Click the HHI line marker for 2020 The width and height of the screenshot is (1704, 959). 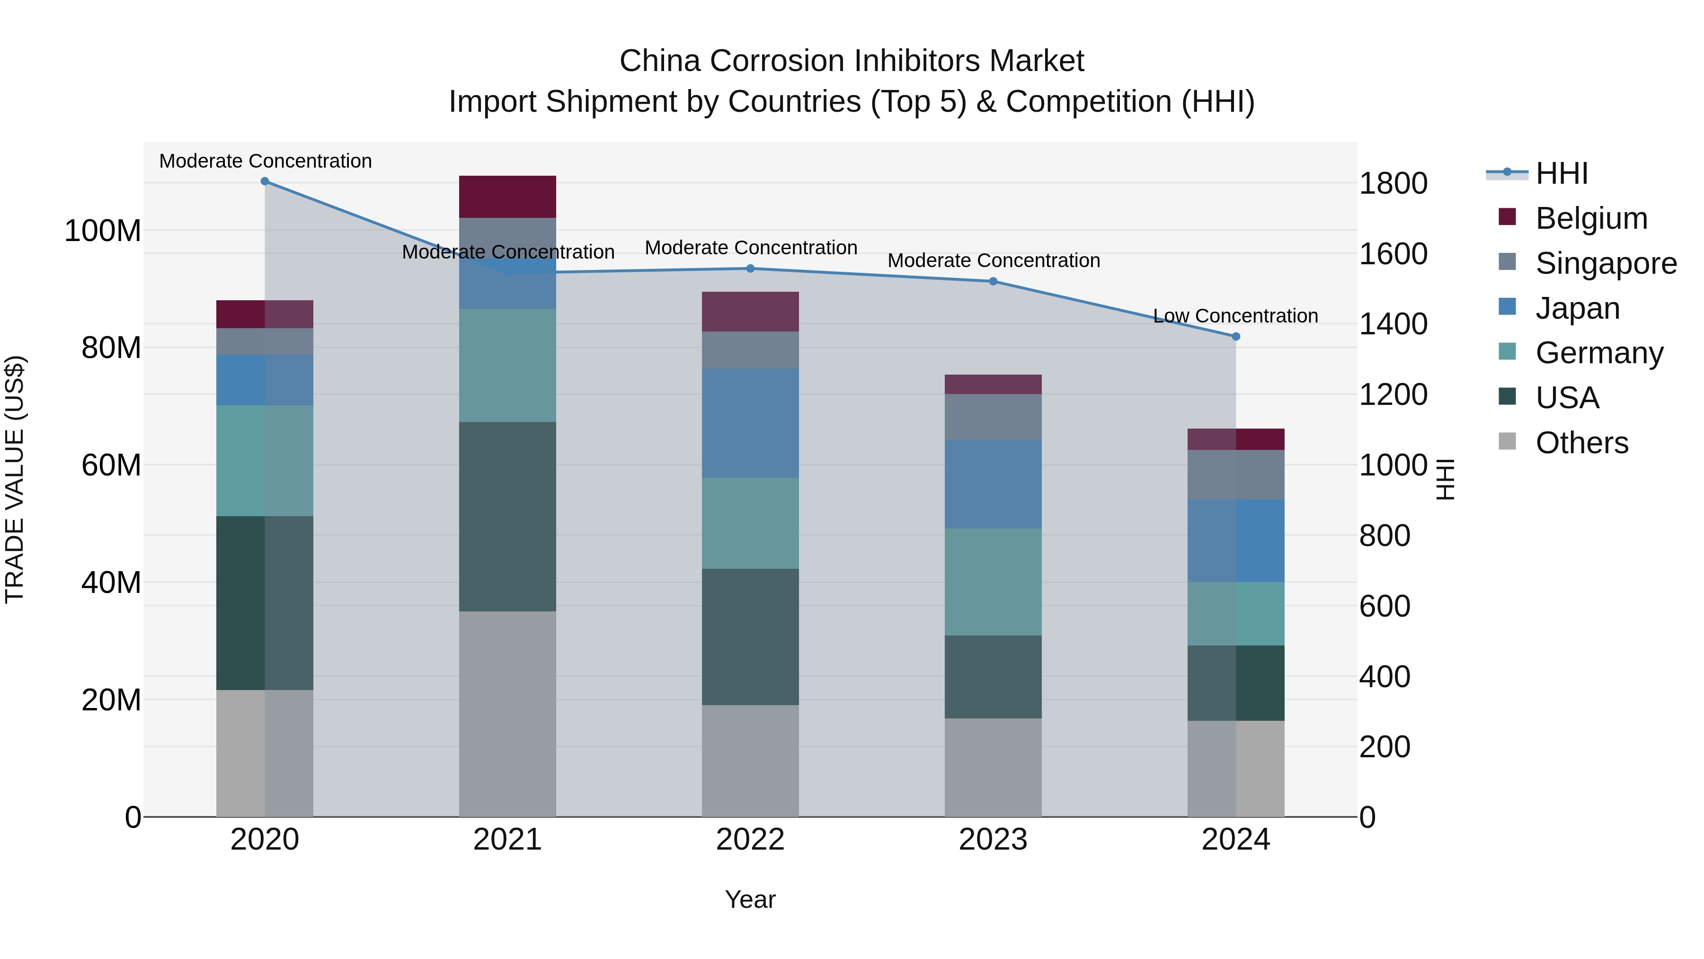265,181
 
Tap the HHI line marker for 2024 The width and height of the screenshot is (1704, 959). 1236,337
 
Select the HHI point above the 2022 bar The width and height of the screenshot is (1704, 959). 750,269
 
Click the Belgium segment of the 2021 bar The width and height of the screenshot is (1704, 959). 507,197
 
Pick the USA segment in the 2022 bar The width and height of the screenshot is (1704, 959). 750,636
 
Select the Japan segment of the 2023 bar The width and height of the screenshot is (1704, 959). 993,484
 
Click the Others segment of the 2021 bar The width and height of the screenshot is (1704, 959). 507,714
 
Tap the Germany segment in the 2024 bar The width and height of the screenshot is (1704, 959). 1236,613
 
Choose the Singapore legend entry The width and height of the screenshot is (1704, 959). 1606,263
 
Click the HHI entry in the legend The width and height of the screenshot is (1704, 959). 1561,173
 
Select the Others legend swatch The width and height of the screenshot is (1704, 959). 1507,441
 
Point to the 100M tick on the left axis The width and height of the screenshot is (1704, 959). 103,231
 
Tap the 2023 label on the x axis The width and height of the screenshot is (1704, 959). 993,840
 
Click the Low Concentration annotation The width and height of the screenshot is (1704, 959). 1235,316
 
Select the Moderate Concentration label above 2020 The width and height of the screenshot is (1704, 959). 265,161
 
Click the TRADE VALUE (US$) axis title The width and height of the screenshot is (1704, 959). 15,479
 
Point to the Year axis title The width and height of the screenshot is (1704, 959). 750,899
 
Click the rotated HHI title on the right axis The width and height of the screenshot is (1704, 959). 1446,479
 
